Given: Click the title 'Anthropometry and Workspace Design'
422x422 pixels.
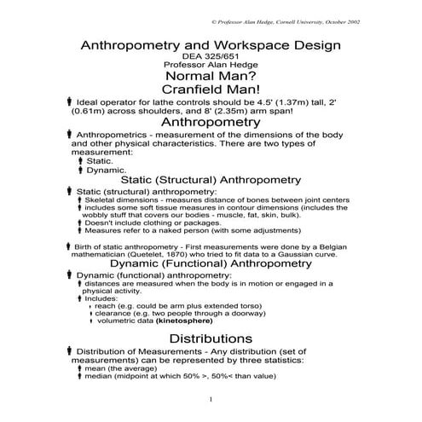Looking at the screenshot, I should [x=211, y=45].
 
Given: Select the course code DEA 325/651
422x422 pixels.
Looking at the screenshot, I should [x=211, y=56].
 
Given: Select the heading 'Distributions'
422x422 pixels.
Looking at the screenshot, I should [x=211, y=338].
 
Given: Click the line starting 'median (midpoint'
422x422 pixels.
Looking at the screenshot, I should [x=180, y=379].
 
